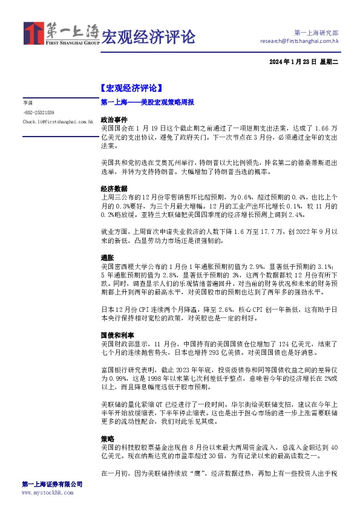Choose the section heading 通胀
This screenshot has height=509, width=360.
click(x=106, y=257)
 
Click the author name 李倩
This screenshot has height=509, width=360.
click(x=28, y=103)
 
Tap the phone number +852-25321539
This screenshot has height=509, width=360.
click(x=39, y=112)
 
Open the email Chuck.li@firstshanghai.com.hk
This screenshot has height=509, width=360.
click(x=57, y=122)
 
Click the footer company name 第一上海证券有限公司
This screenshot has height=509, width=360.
click(x=51, y=484)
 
